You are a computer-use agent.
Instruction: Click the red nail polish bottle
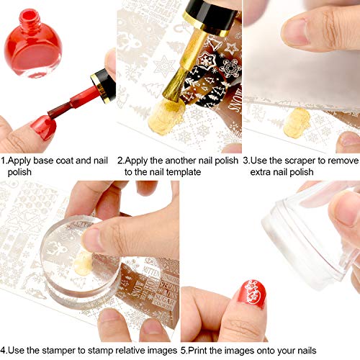pos(33,45)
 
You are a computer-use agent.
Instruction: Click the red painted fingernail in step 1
pos(44,127)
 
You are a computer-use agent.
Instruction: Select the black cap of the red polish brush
pos(104,86)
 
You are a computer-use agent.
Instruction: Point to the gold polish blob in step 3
pos(297,122)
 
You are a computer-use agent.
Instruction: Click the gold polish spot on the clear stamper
pos(84,263)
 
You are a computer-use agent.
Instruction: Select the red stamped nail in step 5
pos(253,293)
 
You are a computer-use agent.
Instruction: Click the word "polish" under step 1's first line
pos(19,172)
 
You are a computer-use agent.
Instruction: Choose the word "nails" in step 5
pos(307,351)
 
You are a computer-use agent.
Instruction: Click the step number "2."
pos(121,161)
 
